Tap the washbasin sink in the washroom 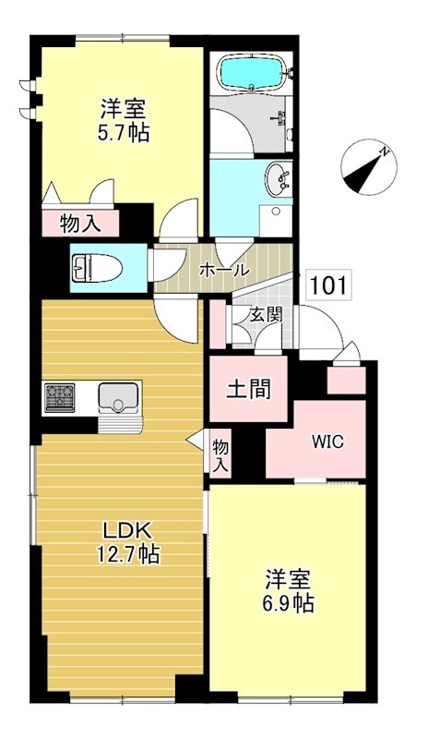pos(276,179)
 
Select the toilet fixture pos(92,268)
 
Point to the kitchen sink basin pos(118,398)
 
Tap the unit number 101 pos(328,285)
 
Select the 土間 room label pos(249,387)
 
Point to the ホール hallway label pos(223,271)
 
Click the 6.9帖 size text pos(288,604)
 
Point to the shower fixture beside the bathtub pos(278,118)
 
